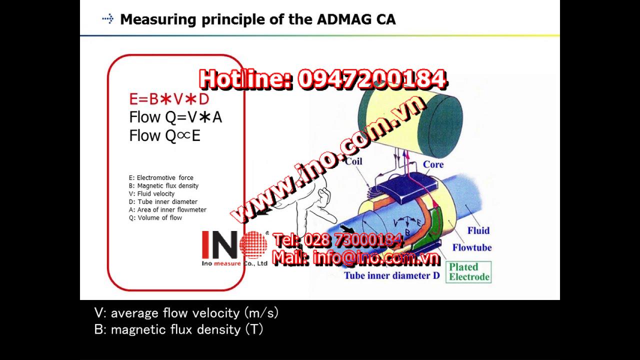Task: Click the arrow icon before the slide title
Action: point(108,19)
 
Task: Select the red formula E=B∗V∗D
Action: point(169,99)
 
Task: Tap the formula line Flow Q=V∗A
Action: point(175,117)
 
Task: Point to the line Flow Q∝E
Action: point(164,135)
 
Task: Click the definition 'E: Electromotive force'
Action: point(161,177)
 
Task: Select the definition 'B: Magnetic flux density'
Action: point(163,185)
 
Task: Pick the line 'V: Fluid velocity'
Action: point(151,193)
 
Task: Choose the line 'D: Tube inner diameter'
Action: point(163,201)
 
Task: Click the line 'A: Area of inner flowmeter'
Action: point(167,209)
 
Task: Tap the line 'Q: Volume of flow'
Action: point(155,217)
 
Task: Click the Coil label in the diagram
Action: point(353,161)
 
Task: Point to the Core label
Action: point(433,164)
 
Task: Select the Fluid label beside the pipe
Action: point(478,230)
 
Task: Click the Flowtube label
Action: point(472,247)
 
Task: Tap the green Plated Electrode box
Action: point(468,272)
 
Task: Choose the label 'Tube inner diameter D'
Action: point(391,275)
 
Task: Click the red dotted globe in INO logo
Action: point(253,244)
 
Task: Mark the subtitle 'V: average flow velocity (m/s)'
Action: point(186,313)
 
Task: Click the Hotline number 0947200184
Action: point(372,79)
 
